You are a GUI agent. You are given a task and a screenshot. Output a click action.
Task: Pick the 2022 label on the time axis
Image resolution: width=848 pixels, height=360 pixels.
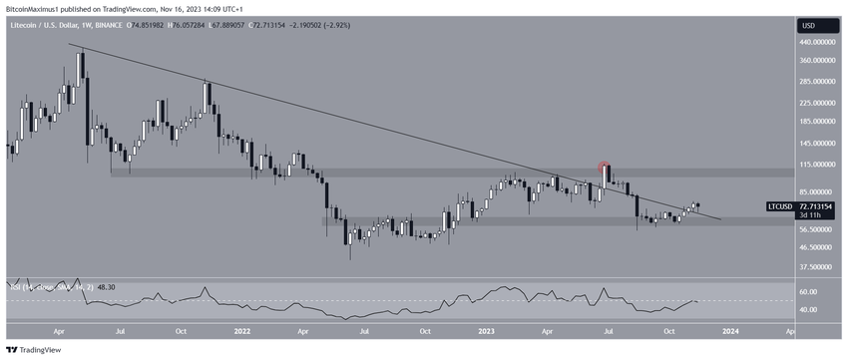(241, 330)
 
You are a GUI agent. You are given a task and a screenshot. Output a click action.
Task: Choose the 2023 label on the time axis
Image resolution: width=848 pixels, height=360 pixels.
(486, 330)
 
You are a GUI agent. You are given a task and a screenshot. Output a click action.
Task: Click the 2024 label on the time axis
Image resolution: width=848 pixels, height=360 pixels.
(730, 330)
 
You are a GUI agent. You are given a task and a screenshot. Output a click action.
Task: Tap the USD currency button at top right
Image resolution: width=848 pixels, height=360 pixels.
(808, 25)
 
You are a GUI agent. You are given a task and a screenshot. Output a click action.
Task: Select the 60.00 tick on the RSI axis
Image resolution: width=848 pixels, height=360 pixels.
(809, 292)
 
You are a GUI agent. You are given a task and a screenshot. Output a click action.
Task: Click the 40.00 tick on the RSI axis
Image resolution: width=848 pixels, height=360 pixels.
(809, 310)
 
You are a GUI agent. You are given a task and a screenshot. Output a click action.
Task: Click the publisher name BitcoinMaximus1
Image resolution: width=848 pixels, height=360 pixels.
(36, 7)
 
